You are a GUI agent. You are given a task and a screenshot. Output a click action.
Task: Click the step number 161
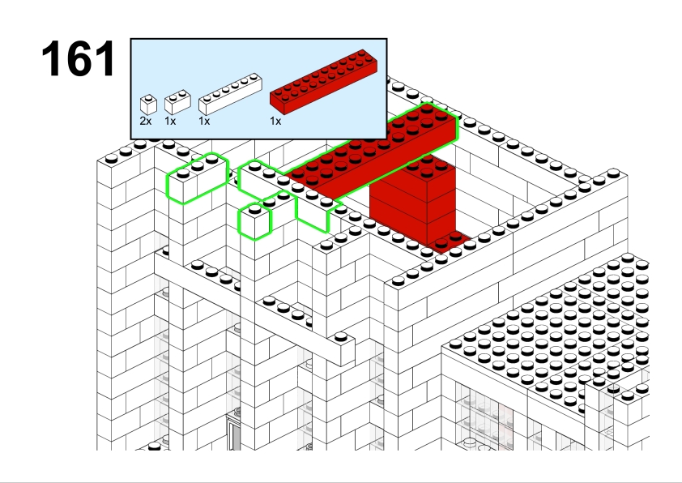(79, 58)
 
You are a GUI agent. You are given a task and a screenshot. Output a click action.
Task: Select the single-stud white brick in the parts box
(148, 105)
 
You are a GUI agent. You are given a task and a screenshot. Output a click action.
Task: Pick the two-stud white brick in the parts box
(177, 102)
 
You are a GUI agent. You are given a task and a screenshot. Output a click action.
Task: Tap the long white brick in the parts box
(230, 94)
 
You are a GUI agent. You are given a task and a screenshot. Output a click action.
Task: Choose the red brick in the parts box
(324, 82)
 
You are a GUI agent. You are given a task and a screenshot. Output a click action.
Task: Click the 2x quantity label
(146, 121)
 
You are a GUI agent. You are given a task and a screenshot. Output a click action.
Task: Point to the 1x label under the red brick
(275, 121)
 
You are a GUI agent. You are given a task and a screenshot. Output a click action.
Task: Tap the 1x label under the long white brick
(204, 121)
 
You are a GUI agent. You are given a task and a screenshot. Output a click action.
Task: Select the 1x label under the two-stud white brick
(170, 121)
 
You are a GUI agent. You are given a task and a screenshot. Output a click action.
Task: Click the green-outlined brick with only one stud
(255, 221)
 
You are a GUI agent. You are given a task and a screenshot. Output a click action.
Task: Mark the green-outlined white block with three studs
(197, 178)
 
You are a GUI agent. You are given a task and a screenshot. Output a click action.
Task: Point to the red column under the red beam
(413, 204)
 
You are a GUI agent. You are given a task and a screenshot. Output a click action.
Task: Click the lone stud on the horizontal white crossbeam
(341, 336)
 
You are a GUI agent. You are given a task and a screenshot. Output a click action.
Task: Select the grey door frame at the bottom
(233, 433)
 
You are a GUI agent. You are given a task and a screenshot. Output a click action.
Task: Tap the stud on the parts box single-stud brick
(149, 98)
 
